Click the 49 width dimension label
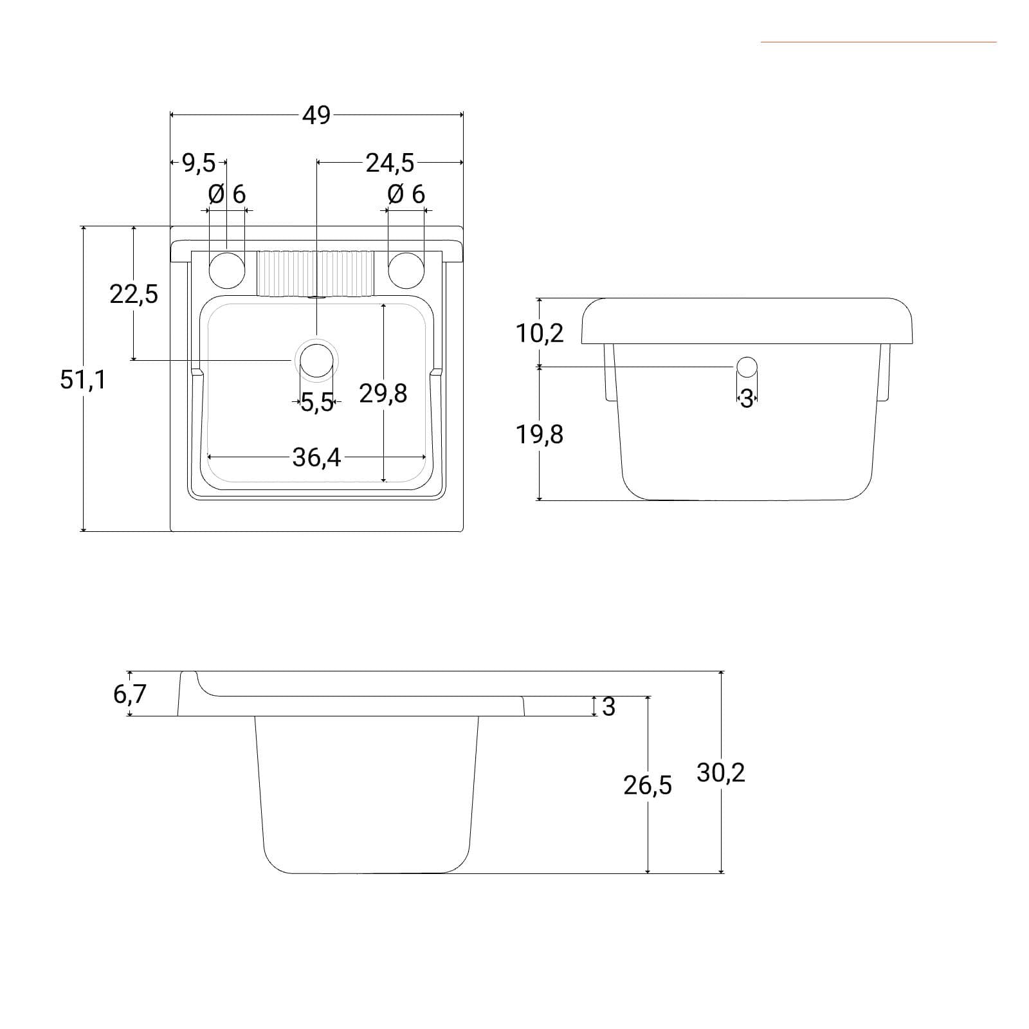click(316, 115)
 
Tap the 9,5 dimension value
click(199, 163)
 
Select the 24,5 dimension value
click(390, 163)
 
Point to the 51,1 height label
click(83, 379)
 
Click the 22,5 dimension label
click(134, 294)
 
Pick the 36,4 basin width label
click(316, 457)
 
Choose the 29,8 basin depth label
click(383, 393)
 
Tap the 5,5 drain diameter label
click(317, 403)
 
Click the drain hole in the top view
click(316, 360)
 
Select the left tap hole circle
click(227, 270)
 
